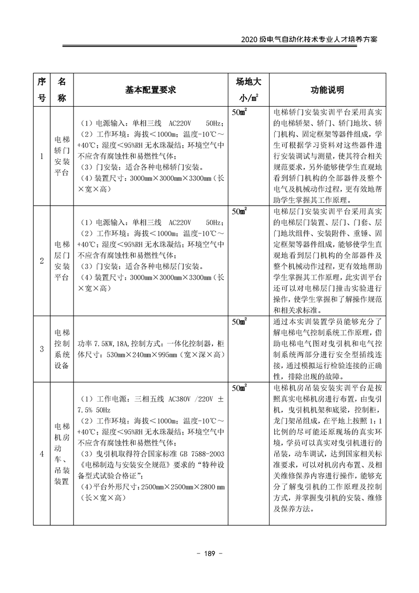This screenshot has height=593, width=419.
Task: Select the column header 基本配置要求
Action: click(x=150, y=90)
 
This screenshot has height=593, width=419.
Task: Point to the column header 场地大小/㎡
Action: click(x=247, y=90)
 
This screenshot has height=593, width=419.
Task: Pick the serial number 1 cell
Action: click(x=42, y=156)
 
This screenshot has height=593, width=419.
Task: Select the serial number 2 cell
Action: click(x=42, y=261)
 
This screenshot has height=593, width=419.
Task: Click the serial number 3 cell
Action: click(x=42, y=348)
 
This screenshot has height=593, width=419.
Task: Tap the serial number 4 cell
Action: click(x=42, y=453)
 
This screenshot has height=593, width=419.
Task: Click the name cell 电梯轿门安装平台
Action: click(x=62, y=156)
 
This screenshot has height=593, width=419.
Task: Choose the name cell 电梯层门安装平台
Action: click(x=62, y=261)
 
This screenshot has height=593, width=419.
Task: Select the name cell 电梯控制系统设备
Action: click(x=62, y=348)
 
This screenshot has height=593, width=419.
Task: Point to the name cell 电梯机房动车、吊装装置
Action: click(x=62, y=453)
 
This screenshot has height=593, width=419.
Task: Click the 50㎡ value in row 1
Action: click(x=240, y=113)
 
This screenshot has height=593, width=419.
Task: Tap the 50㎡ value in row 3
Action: click(x=240, y=321)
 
